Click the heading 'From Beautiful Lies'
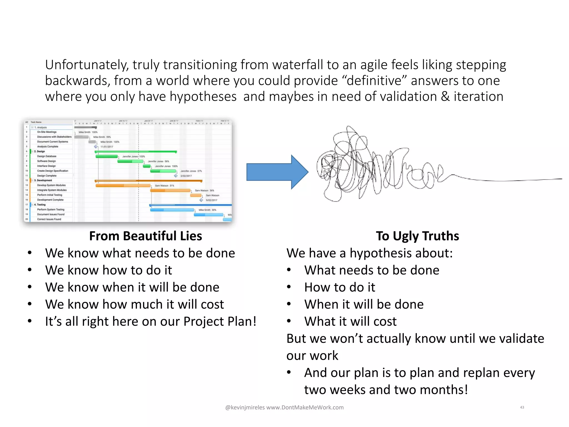point(145,236)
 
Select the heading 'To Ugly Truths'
point(417,236)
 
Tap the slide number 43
point(522,407)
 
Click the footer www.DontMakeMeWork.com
point(305,407)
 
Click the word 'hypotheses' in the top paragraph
point(203,97)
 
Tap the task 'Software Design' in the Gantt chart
point(46,161)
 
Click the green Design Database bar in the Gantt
point(107,157)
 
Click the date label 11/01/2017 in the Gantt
point(107,147)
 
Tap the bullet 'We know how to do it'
point(108,270)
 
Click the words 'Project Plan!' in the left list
point(219,321)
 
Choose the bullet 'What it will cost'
point(350,321)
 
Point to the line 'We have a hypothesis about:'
point(370,253)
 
